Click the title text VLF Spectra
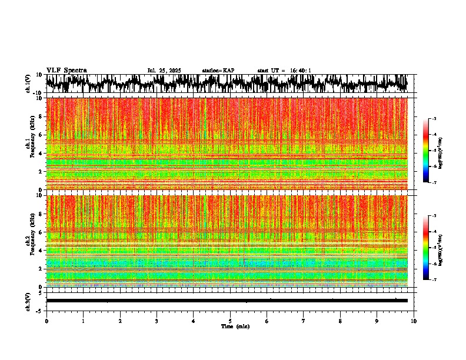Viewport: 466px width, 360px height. (66, 71)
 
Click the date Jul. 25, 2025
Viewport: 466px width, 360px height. (164, 71)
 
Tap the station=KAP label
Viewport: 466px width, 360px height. (218, 71)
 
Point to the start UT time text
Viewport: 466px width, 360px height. (284, 71)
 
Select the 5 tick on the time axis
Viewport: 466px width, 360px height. (230, 321)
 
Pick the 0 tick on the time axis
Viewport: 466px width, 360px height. (46, 321)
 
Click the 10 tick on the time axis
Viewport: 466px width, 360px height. (414, 321)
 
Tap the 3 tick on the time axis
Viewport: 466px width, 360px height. (157, 321)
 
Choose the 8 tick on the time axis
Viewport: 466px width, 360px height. (340, 321)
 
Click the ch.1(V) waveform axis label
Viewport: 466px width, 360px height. (28, 84)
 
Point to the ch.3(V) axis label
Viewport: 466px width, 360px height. (28, 301)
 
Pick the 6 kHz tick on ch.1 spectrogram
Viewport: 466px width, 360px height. (41, 135)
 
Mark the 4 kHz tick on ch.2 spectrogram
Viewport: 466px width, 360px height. (41, 251)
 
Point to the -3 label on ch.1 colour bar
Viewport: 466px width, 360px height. (434, 119)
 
